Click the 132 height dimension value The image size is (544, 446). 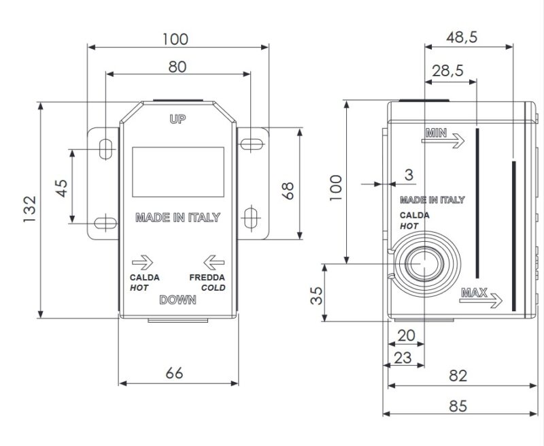click(29, 210)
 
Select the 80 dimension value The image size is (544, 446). click(177, 67)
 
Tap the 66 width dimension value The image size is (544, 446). click(174, 373)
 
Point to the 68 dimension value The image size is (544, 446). click(288, 191)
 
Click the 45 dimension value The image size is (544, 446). click(62, 188)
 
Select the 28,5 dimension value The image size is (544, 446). click(447, 71)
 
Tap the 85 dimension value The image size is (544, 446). click(458, 406)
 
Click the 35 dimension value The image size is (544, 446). click(316, 296)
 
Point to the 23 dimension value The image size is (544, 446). click(403, 357)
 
